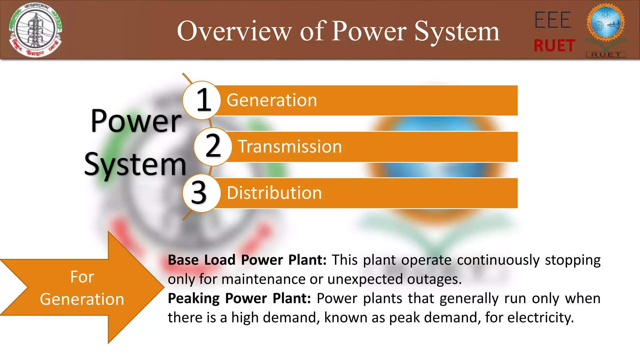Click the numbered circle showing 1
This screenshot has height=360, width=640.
click(x=202, y=100)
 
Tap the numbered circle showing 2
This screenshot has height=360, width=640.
click(x=213, y=147)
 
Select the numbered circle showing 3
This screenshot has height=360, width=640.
click(x=202, y=193)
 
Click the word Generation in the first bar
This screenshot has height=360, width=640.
click(x=272, y=100)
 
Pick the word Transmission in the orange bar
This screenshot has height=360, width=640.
click(x=290, y=147)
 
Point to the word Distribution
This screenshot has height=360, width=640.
click(x=274, y=193)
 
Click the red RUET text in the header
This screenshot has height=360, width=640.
click(x=554, y=46)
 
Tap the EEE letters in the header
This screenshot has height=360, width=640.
click(x=553, y=20)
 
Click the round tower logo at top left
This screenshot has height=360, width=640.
click(x=35, y=30)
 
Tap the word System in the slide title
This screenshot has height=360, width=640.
click(x=457, y=31)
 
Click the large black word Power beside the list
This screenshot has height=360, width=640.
click(x=136, y=121)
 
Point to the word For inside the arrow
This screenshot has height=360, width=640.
click(x=82, y=277)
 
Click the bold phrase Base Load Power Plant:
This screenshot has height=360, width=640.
click(x=247, y=260)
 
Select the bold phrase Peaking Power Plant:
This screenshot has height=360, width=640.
click(x=239, y=298)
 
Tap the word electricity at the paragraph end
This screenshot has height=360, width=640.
click(x=540, y=317)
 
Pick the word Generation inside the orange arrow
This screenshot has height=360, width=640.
click(x=82, y=299)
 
